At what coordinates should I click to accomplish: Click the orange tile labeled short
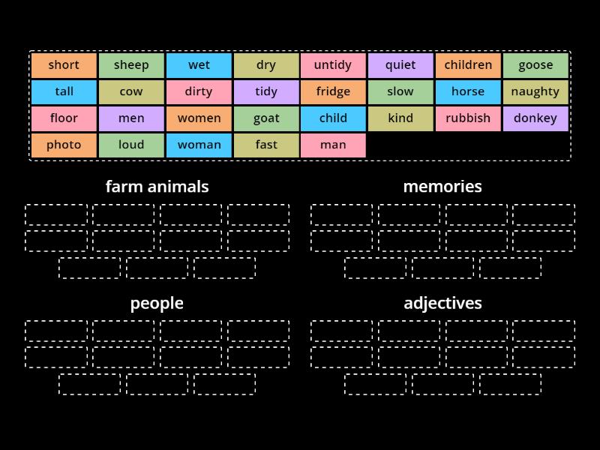coord(64,65)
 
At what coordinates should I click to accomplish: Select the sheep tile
coord(131,65)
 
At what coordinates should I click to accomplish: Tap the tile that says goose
coord(535,65)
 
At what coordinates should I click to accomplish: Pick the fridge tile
coord(333,91)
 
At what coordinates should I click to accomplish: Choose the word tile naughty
coord(535,91)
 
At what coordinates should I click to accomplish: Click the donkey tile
coord(535,118)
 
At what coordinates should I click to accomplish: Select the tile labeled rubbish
coord(468,118)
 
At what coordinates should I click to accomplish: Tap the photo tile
coord(64,145)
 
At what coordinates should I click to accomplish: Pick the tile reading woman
coord(199,145)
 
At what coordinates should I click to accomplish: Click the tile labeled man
coord(333,145)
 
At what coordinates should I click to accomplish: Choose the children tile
coord(468,65)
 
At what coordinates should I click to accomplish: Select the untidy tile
coord(333,65)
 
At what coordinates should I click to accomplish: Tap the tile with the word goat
coord(266,118)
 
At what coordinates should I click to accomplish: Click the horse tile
coord(468,91)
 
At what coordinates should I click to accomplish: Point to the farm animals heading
coord(157,186)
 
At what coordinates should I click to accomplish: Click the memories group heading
coord(442,186)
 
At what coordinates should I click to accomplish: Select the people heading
coord(157,303)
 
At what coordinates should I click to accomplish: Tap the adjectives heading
coord(442,303)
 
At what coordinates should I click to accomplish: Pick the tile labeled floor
coord(64,118)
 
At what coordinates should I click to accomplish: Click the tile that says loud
coord(131,145)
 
